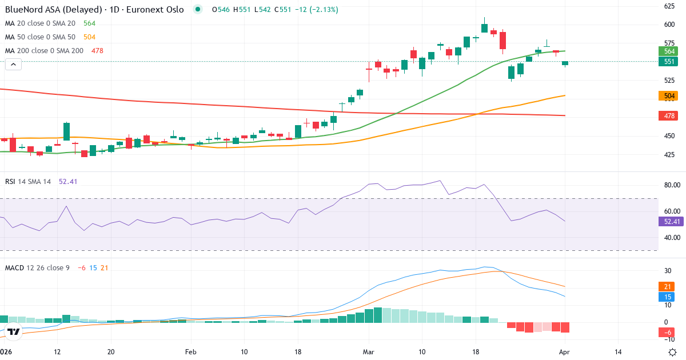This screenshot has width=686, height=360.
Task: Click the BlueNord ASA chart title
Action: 94,10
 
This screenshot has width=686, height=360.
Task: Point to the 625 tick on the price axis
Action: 669,6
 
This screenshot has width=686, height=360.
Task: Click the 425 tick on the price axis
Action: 669,155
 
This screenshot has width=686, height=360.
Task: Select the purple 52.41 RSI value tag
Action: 670,222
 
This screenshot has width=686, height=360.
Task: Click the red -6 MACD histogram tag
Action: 668,333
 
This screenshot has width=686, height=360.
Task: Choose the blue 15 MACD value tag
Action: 668,297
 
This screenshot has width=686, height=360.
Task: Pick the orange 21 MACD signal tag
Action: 668,286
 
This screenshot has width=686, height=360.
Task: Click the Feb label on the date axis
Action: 191,352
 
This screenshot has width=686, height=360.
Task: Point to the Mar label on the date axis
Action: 369,352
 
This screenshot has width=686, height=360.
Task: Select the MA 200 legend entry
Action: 45,51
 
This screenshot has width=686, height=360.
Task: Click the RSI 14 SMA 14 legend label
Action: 28,182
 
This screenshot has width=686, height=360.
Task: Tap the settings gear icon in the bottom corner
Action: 673,352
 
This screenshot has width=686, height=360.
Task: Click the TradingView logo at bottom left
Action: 14,331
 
